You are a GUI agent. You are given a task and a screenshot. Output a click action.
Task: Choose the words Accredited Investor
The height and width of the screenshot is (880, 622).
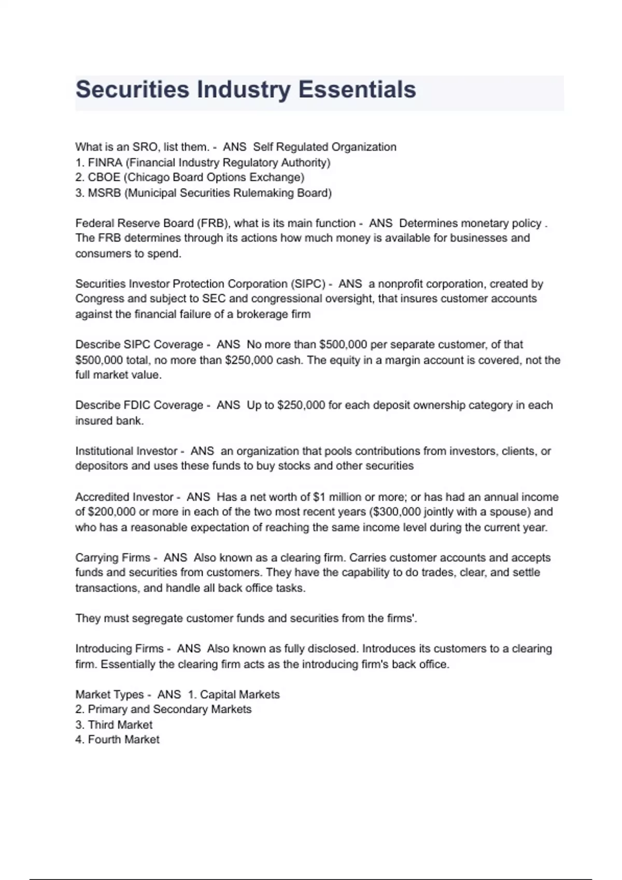point(124,497)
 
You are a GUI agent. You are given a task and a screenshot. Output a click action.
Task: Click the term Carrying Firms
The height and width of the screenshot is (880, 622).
point(112,558)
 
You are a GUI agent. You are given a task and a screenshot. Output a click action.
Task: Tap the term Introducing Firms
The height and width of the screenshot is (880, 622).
point(119,649)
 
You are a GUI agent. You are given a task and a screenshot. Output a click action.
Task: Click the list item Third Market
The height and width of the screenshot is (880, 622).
point(120,725)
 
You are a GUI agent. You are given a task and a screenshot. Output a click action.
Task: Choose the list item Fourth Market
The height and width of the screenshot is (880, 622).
point(123,740)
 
